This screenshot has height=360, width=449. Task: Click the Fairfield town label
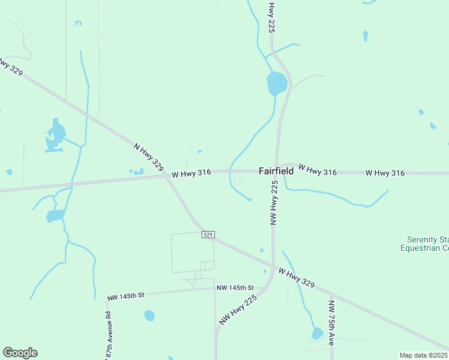click(276, 171)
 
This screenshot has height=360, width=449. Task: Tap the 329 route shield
click(208, 234)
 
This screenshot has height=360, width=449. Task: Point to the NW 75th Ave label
click(331, 322)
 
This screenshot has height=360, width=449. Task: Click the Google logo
click(20, 353)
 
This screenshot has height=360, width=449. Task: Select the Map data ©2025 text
click(424, 355)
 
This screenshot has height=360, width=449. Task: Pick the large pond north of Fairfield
click(277, 83)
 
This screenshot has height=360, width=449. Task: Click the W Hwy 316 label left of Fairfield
click(191, 173)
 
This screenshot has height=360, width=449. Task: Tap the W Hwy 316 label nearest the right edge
click(385, 173)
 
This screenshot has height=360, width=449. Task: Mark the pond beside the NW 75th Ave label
click(317, 334)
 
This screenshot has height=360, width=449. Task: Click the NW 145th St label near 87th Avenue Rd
click(126, 296)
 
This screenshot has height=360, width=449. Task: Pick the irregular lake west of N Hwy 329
click(55, 136)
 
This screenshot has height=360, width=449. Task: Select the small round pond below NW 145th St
click(149, 315)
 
